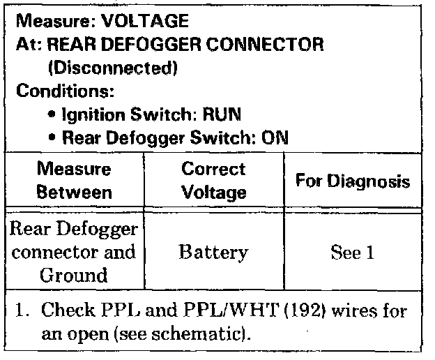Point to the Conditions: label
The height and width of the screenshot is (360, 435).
coord(65,91)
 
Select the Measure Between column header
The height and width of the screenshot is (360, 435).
coord(74,180)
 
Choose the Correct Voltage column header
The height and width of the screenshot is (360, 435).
coord(214,180)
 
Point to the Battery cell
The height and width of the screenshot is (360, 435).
coord(214,252)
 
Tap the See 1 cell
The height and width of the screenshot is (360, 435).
coord(353,252)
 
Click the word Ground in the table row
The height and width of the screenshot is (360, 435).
coord(74,274)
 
